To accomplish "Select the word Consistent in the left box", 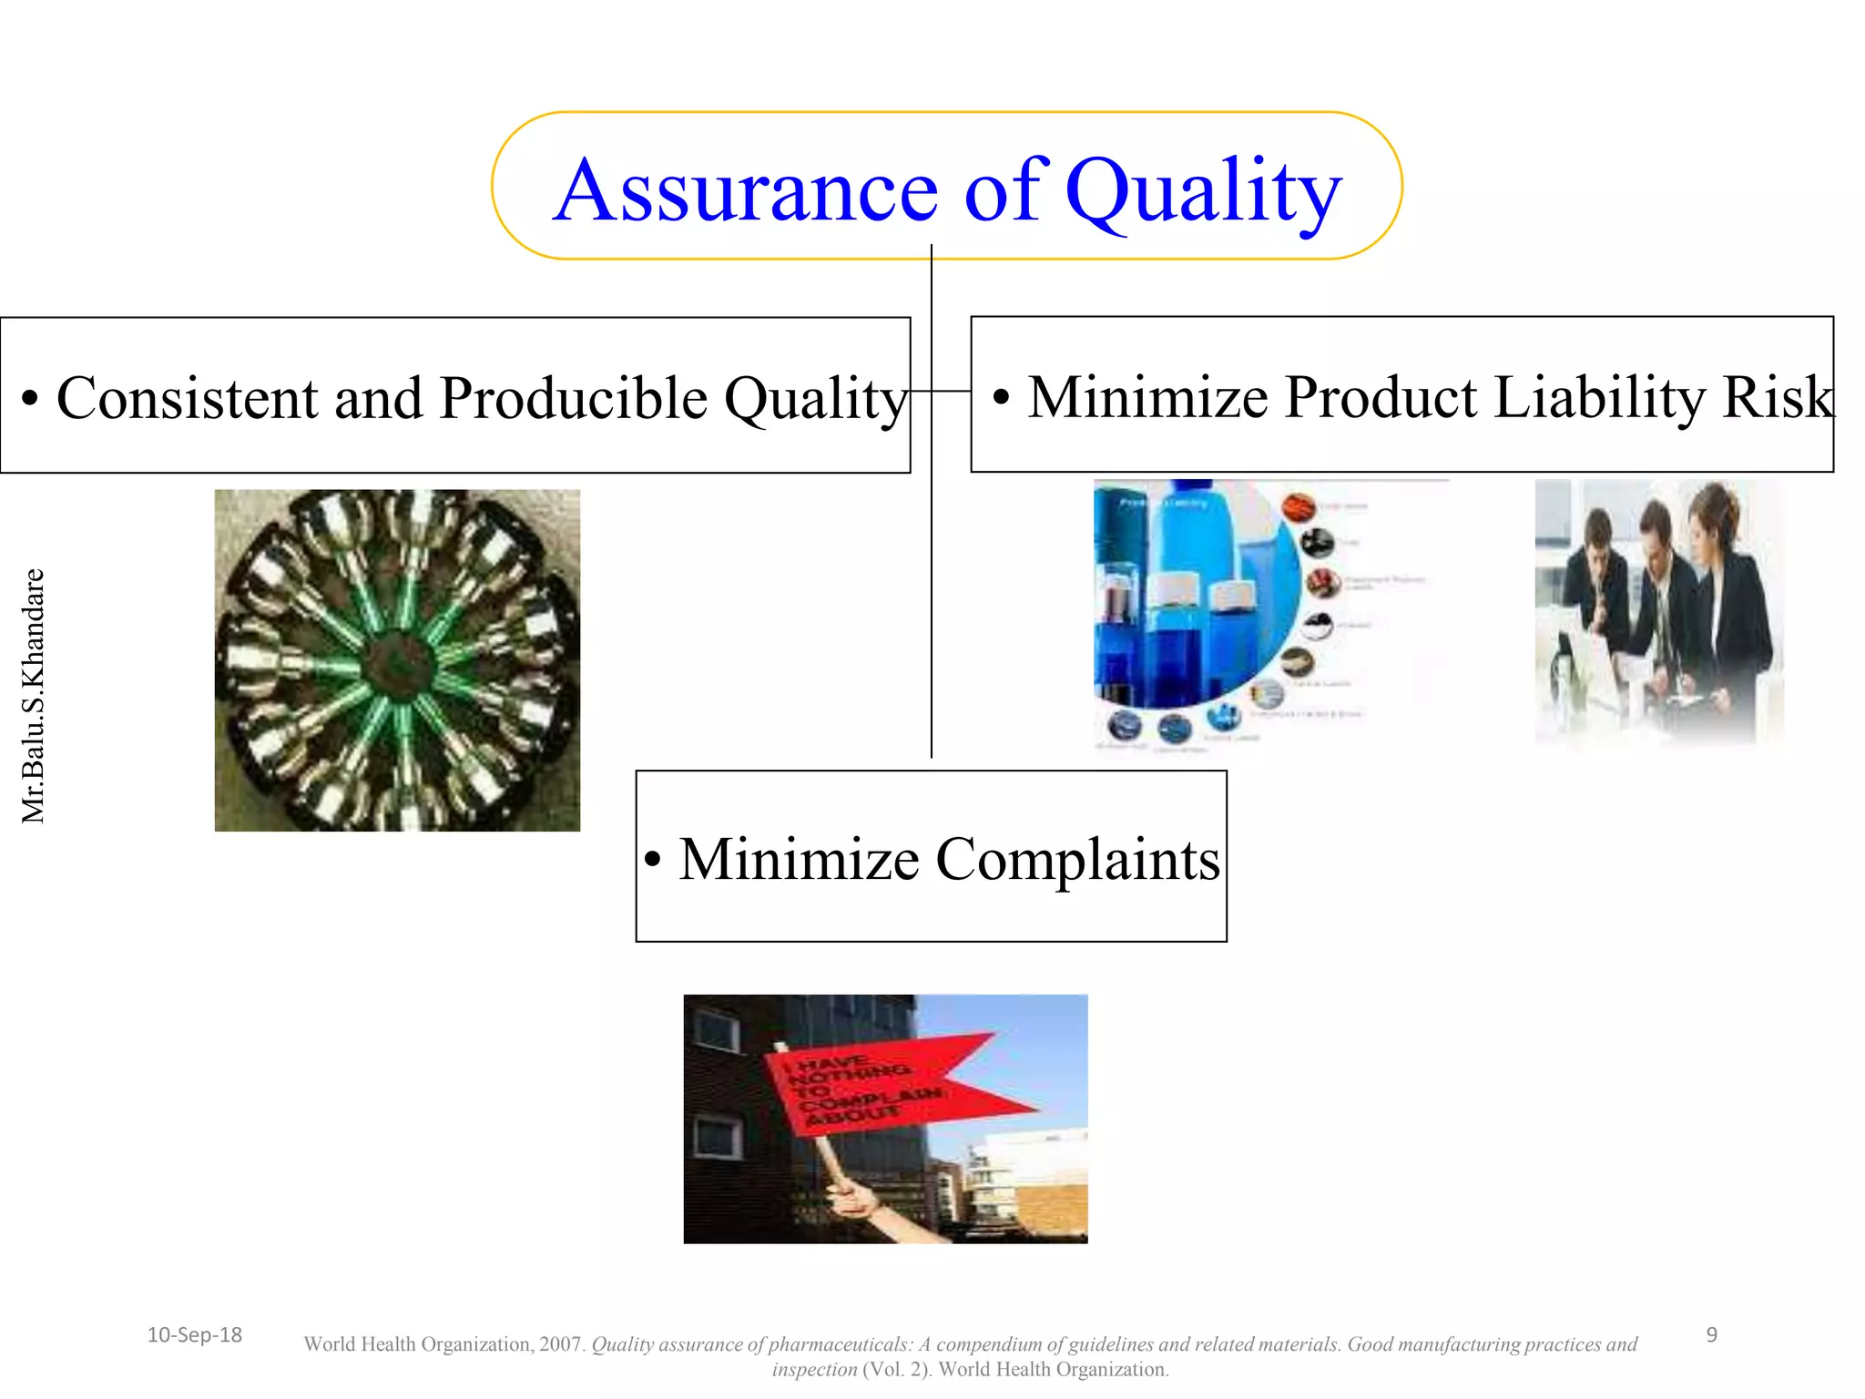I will coord(188,398).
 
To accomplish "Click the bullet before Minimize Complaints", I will coord(652,860).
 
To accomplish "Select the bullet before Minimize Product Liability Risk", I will coord(1001,398).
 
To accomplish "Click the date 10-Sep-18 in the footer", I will coord(194,1334).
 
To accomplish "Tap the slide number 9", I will coord(1711,1334).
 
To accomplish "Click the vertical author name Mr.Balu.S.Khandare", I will coord(33,696).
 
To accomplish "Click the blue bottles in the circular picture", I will coord(1184,601).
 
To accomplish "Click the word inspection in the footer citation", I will coord(814,1370).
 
